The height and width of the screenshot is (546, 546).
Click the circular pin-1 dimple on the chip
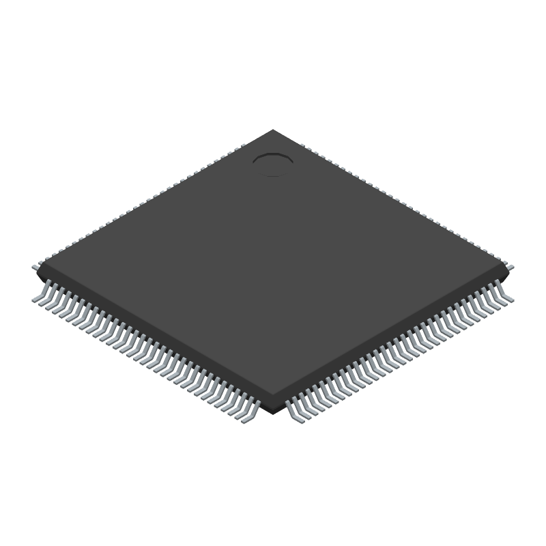[x=273, y=162]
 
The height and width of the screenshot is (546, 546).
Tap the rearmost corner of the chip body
[x=273, y=130]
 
